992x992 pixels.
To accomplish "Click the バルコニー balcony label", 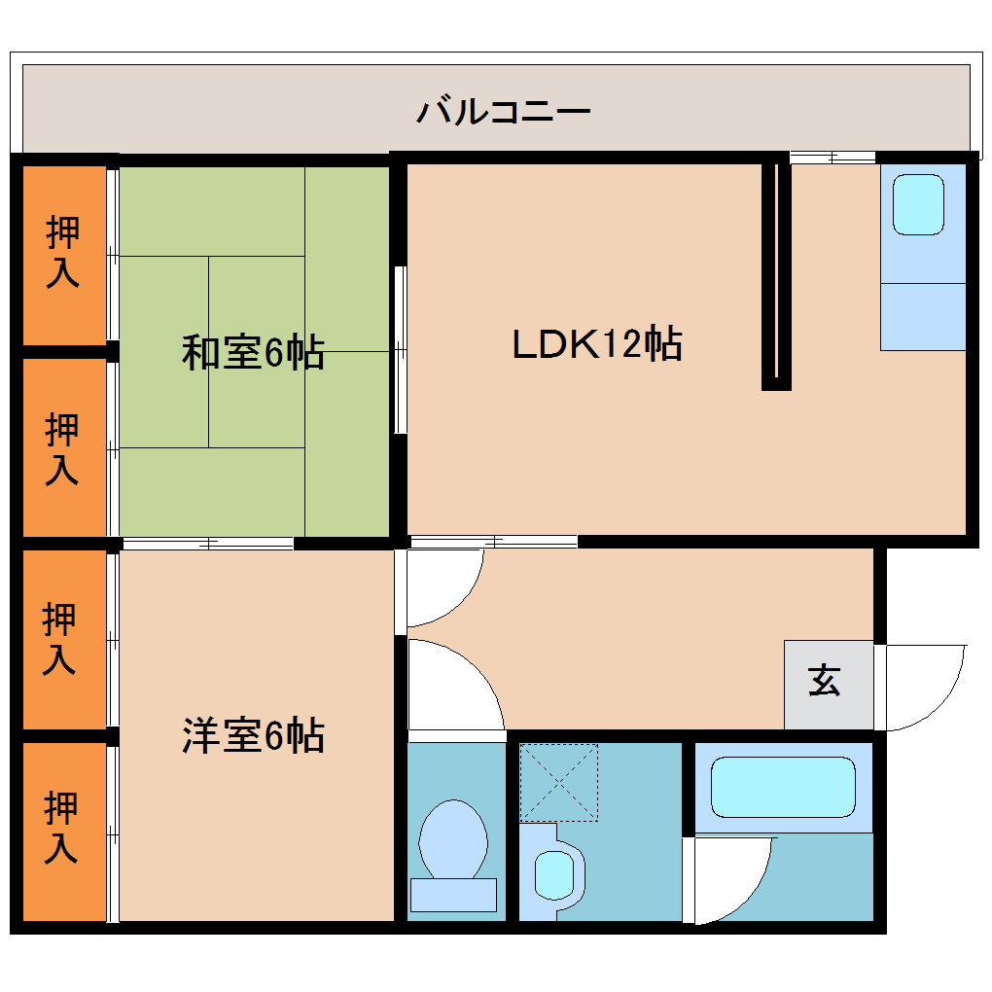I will click(503, 111).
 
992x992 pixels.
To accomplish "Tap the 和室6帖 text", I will click(253, 352).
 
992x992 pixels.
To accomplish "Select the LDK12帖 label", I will click(596, 344).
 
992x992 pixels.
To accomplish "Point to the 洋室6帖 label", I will click(253, 735).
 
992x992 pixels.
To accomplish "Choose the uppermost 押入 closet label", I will click(63, 252).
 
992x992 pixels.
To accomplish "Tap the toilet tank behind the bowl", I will click(453, 893).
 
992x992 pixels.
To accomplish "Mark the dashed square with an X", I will click(558, 782).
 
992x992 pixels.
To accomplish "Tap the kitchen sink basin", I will click(919, 204).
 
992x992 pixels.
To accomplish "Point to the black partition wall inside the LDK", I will click(775, 272).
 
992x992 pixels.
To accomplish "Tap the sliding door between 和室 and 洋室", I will click(207, 543).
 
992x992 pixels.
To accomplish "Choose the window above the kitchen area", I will click(832, 156).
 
